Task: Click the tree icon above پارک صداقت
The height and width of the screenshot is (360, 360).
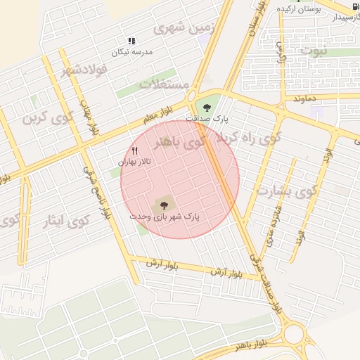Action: (207, 107)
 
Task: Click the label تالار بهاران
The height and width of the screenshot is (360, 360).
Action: (134, 162)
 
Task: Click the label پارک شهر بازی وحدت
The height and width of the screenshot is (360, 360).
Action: (165, 217)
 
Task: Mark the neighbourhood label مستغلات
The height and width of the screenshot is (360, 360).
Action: (165, 84)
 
